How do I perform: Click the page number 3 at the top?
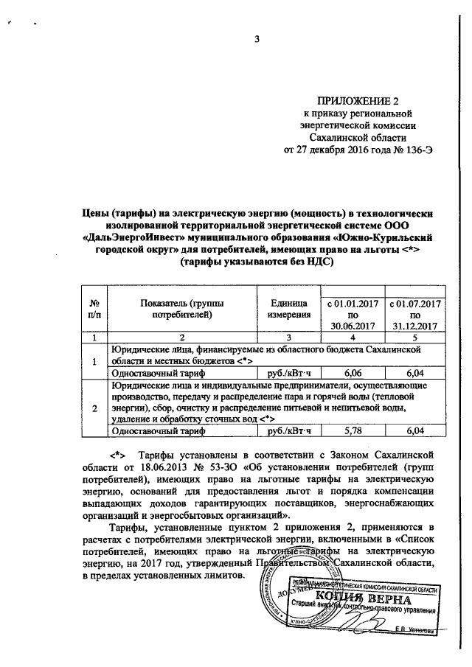tap(258, 39)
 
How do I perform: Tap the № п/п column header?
tap(94, 309)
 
